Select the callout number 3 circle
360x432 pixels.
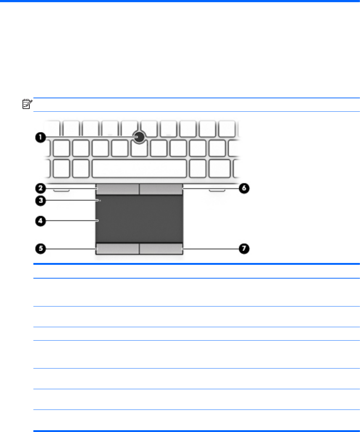coord(40,202)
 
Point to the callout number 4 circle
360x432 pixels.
coord(40,221)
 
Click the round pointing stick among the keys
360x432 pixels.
coord(139,137)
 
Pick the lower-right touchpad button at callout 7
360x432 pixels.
coord(161,248)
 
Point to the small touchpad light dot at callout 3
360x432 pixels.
coord(99,200)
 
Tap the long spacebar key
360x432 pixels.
coord(139,168)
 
